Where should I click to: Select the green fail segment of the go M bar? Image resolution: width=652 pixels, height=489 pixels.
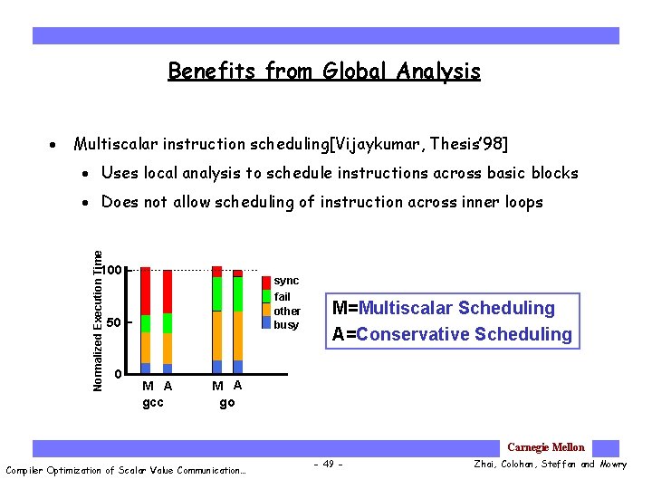216,293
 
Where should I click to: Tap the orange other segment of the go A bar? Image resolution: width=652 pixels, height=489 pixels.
238,336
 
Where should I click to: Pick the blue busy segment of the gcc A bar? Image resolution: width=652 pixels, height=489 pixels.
168,369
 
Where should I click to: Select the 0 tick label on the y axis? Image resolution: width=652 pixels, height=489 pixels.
119,374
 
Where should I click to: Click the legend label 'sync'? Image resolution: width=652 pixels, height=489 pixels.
286,281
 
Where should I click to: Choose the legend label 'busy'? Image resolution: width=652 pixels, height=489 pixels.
286,325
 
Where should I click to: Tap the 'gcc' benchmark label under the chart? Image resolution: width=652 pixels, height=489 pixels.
154,402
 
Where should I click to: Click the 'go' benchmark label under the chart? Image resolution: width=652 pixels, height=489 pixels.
227,402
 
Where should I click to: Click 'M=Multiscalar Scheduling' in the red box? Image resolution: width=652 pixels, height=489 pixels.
443,308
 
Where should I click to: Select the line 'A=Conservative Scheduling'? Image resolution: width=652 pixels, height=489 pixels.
452,334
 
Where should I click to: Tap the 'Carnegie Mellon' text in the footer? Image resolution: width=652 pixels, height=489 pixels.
546,447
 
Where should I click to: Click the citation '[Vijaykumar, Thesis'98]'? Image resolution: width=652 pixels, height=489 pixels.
420,144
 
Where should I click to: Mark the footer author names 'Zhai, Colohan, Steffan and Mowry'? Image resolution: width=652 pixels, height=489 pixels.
550,465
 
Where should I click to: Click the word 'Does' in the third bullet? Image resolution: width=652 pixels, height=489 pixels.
120,202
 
